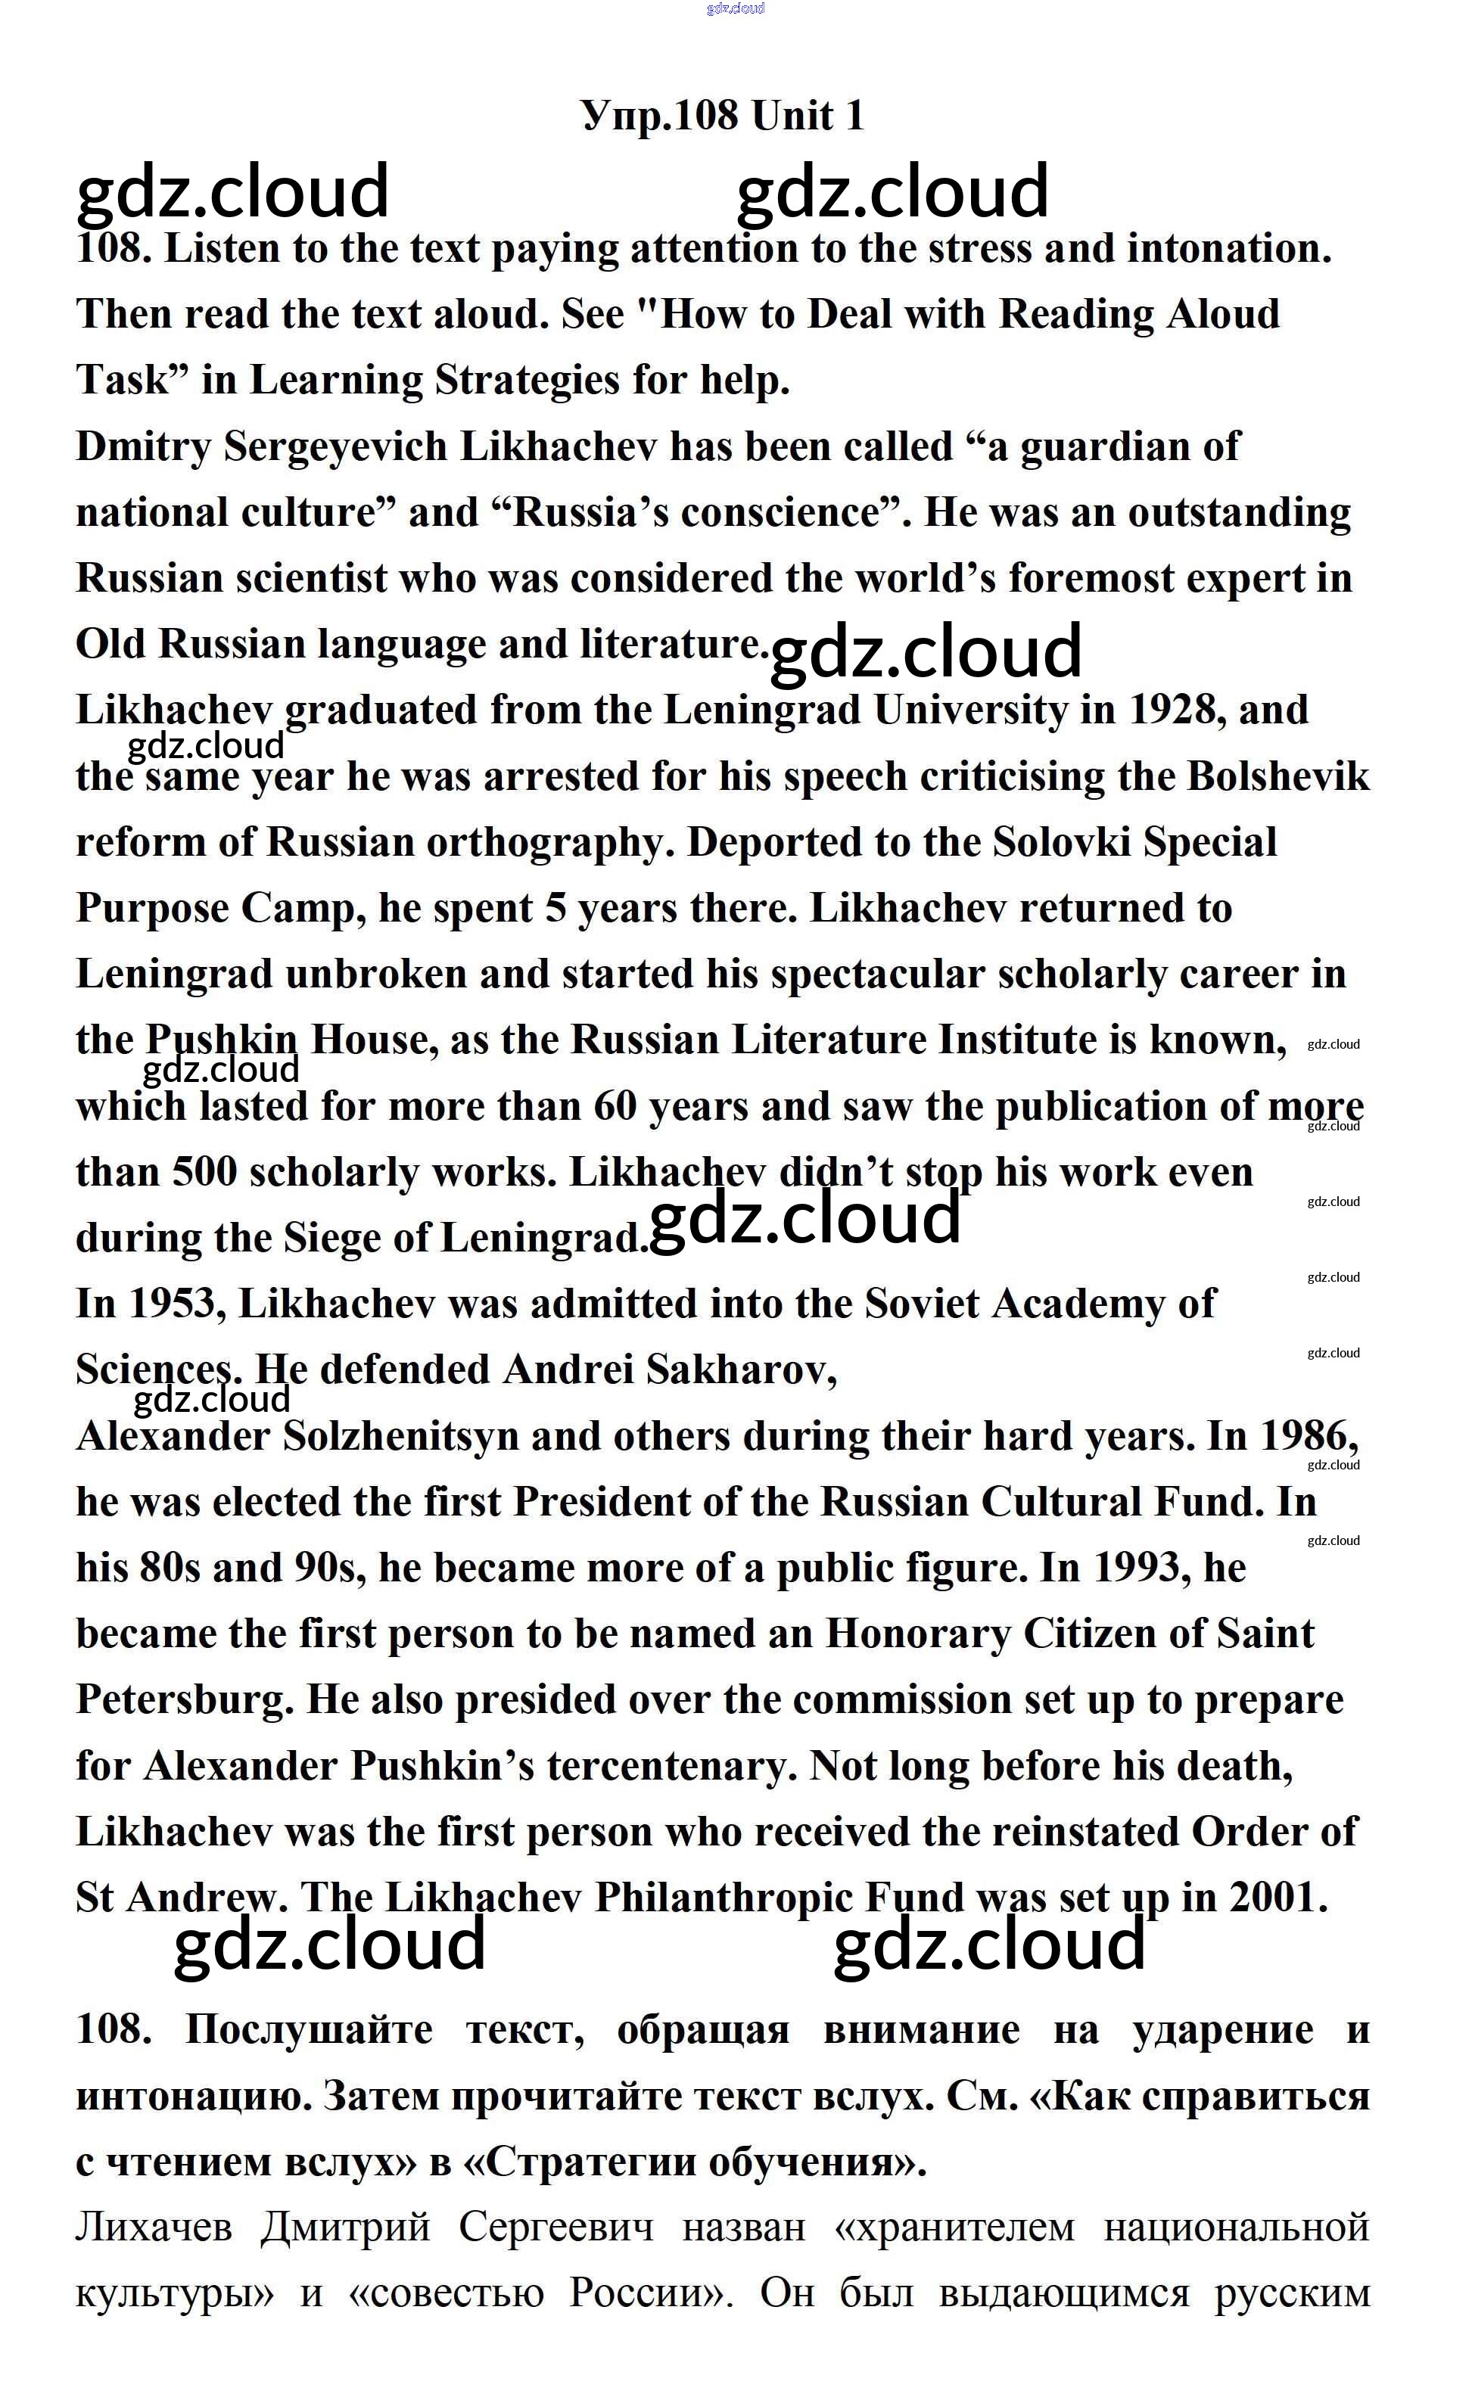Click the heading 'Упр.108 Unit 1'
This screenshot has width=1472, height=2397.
pos(721,116)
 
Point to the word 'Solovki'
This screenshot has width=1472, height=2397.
pos(1061,843)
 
